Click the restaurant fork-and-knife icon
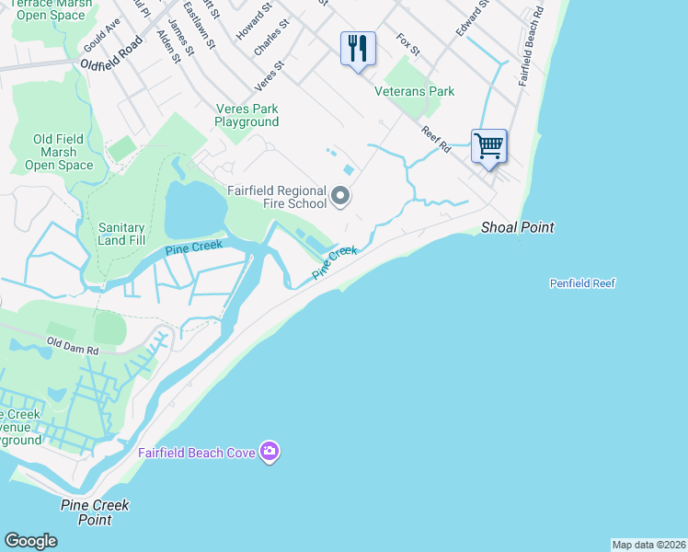(x=358, y=48)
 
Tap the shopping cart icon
(x=488, y=144)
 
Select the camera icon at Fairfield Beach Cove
(x=269, y=451)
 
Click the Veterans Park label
(x=415, y=91)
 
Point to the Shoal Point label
(x=518, y=227)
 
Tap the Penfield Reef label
(x=582, y=283)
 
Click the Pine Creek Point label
(x=95, y=512)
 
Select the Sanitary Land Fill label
(x=121, y=234)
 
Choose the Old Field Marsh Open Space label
(x=59, y=152)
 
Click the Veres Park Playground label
(x=247, y=115)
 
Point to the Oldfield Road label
(x=112, y=54)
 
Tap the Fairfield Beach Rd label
(x=532, y=61)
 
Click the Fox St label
(x=407, y=43)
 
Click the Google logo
(x=30, y=541)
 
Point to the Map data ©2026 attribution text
(x=649, y=545)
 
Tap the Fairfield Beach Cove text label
(x=197, y=452)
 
